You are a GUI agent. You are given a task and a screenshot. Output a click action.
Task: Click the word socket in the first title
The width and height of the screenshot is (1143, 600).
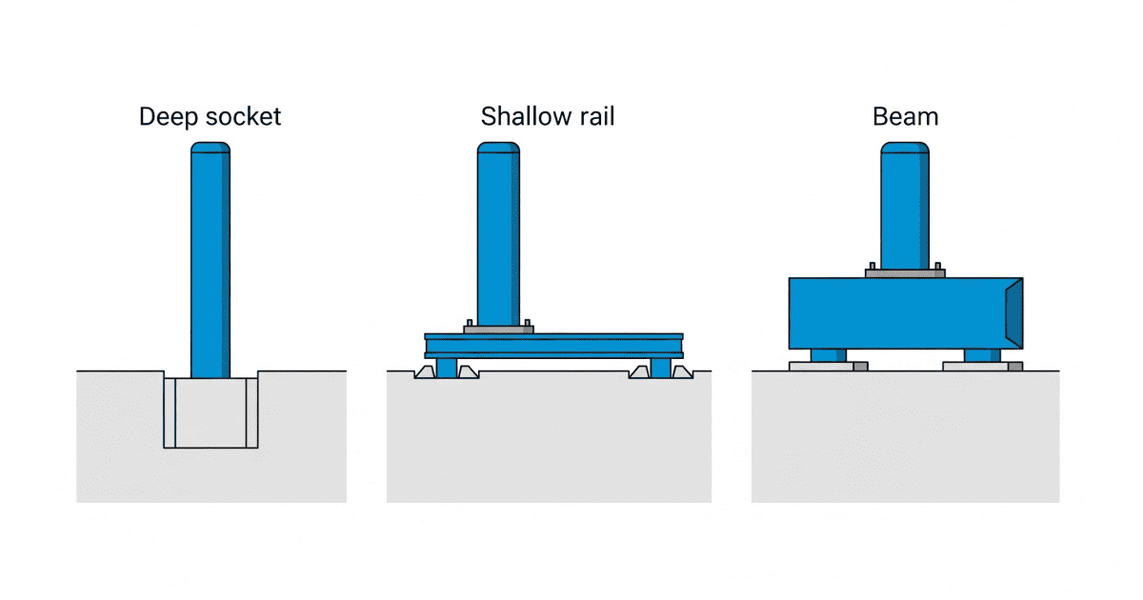[x=245, y=117]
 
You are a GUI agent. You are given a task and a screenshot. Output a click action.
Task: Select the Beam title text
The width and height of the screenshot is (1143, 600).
[x=905, y=117]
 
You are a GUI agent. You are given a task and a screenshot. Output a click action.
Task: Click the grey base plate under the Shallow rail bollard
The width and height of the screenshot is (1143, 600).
[x=497, y=330]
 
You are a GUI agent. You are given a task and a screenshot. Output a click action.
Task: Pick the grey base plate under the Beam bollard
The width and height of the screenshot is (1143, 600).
[x=904, y=273]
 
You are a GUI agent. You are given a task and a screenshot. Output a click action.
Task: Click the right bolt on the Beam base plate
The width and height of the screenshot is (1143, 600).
[x=938, y=266]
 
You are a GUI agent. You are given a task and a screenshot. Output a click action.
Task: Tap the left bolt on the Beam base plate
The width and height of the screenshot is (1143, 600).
[x=871, y=266]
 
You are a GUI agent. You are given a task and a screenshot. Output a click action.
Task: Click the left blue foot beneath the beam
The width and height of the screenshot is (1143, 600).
[x=828, y=355]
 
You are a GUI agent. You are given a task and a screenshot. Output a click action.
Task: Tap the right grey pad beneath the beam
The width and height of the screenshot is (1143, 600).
[x=982, y=366]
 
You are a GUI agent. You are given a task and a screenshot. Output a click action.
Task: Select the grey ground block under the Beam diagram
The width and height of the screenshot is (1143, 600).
[x=905, y=438]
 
